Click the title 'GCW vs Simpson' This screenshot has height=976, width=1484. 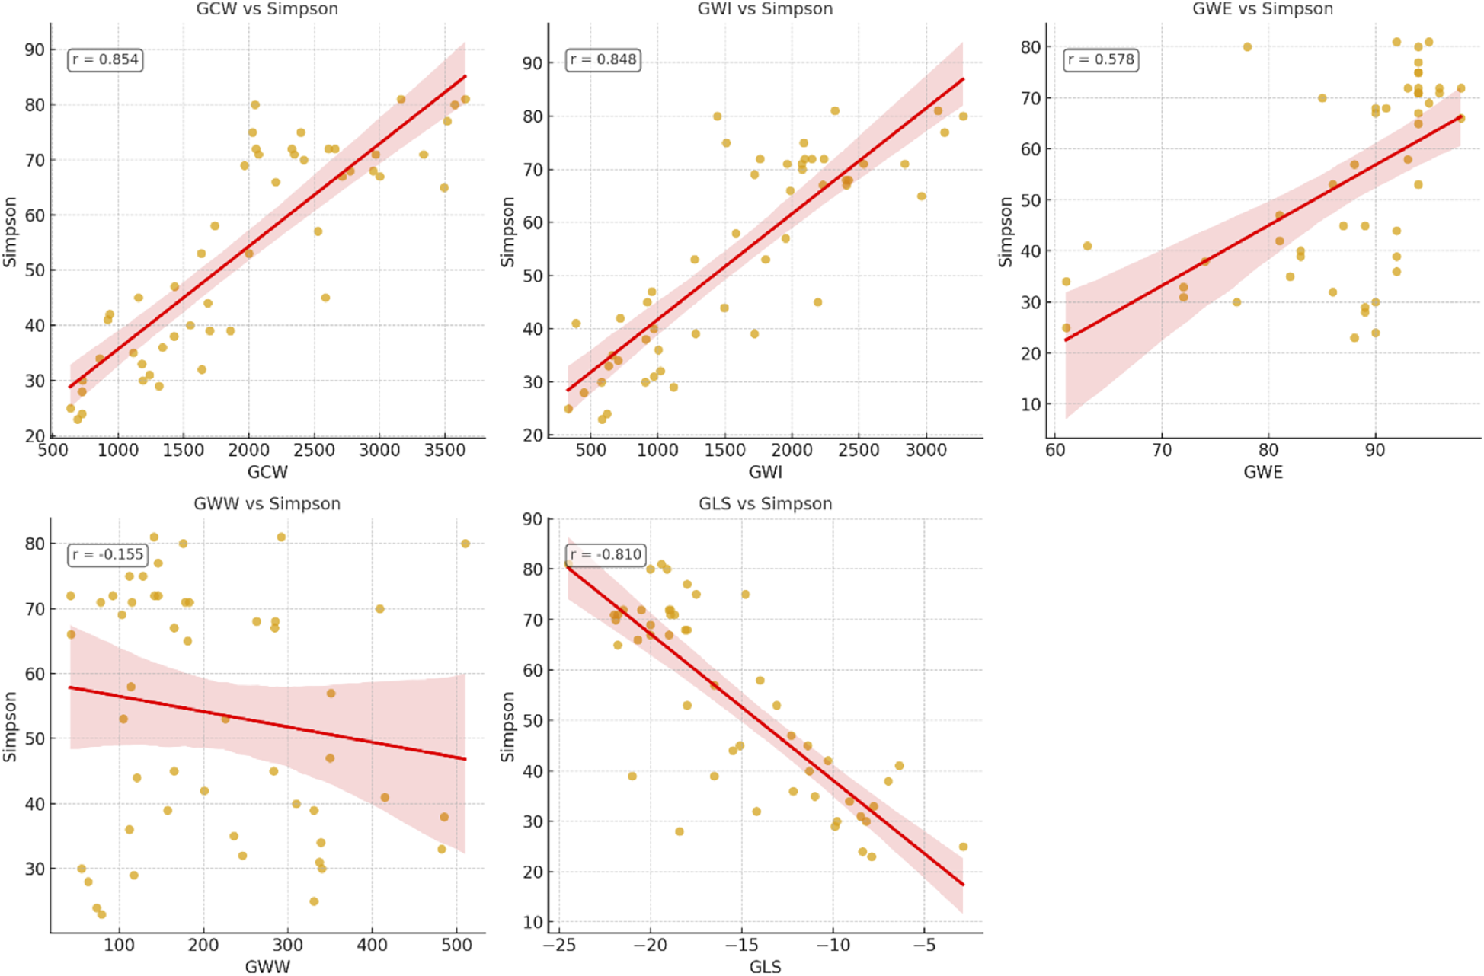coord(267,9)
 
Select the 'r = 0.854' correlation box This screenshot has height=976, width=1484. coord(105,59)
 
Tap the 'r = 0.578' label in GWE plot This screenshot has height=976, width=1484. coord(1101,59)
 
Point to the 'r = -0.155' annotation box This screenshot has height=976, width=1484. coord(107,554)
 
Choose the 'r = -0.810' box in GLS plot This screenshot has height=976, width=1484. coord(606,554)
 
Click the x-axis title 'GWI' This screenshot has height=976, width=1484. coord(765,472)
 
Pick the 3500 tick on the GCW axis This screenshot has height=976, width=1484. coord(444,451)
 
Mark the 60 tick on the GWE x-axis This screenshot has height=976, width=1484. coord(1055,451)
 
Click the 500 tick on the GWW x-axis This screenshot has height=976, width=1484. coord(456,946)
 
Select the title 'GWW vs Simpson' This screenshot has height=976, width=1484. coord(267,504)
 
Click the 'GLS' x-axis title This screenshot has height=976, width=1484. coord(765,967)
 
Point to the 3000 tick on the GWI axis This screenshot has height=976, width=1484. coord(926,451)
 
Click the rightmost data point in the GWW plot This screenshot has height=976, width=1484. coord(465,544)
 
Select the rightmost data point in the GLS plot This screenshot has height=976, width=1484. coord(963,847)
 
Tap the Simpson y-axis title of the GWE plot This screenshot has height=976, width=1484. coord(1006,232)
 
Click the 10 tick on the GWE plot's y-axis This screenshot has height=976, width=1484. coord(1030,404)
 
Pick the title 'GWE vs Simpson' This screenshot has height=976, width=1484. coord(1262,9)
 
